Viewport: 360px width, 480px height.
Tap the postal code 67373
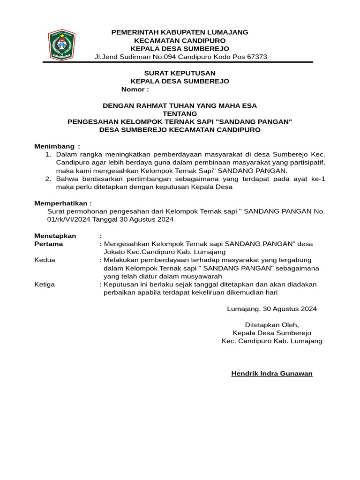[256, 57]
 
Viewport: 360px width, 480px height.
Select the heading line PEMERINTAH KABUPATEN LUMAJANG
[180, 32]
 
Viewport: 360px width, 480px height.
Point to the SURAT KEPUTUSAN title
[180, 73]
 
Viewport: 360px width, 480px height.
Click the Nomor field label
[135, 90]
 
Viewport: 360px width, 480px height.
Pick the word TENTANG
[180, 114]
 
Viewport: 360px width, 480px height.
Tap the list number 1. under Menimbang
[47, 154]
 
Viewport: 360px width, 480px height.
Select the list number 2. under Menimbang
[47, 179]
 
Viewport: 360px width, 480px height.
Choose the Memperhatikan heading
[63, 203]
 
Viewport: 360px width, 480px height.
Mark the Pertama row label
[49, 244]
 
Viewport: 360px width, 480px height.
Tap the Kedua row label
[45, 260]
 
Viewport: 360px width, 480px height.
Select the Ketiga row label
[45, 285]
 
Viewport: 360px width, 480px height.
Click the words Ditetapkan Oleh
[272, 325]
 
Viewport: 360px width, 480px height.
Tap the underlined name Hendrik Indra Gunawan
[272, 374]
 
